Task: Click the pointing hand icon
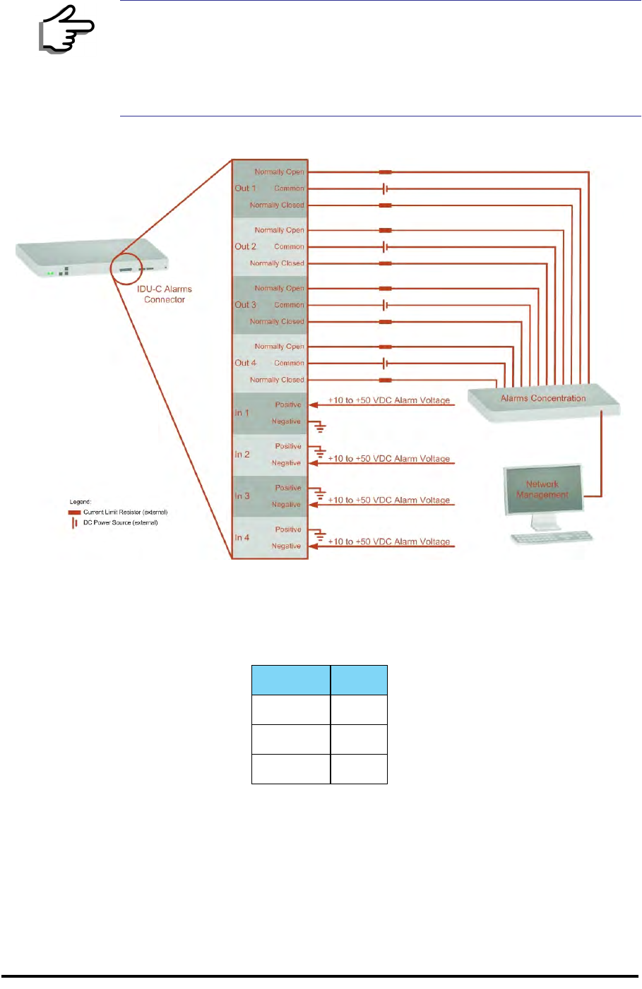(66, 30)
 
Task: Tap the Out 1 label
(245, 188)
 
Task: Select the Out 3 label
(245, 305)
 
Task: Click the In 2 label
(242, 455)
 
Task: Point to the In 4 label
(242, 538)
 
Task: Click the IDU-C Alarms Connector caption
(165, 294)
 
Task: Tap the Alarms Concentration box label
(543, 398)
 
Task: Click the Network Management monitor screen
(542, 489)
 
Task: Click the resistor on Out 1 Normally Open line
(385, 172)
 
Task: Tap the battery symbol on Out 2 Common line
(385, 247)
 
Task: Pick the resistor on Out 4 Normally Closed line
(385, 380)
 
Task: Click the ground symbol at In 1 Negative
(320, 426)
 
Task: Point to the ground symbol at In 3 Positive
(320, 493)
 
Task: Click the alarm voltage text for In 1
(389, 400)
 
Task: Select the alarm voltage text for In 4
(389, 541)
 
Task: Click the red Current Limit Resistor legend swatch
(74, 513)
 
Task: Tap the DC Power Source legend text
(121, 523)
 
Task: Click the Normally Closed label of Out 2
(277, 263)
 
